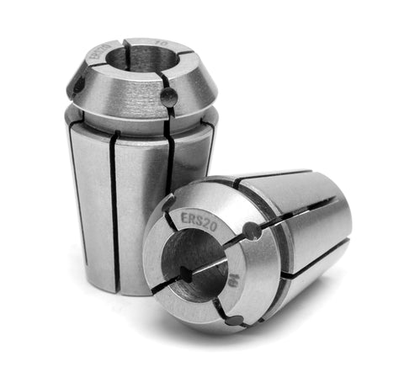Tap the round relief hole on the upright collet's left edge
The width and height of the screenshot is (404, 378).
pos(77,86)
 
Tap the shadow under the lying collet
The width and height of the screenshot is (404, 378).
pos(278,341)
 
